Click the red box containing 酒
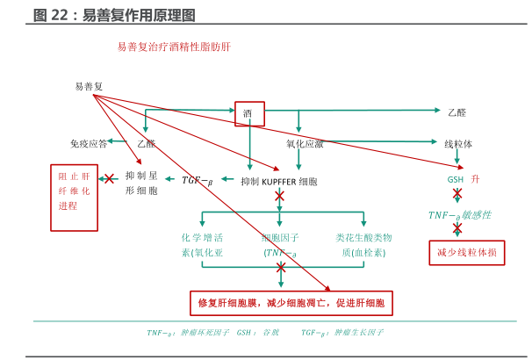(249, 113)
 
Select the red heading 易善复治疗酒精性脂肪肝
(174, 46)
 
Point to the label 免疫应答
(89, 143)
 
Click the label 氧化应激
(305, 143)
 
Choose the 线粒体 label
(458, 143)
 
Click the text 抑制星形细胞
(141, 183)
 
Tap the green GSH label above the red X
(456, 179)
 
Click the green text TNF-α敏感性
(459, 215)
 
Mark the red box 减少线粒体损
(466, 253)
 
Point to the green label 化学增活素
(203, 245)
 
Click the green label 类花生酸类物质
(363, 245)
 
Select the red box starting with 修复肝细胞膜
(291, 303)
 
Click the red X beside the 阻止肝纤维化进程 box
(111, 178)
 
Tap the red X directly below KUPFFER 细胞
(280, 196)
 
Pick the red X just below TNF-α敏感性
(457, 228)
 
